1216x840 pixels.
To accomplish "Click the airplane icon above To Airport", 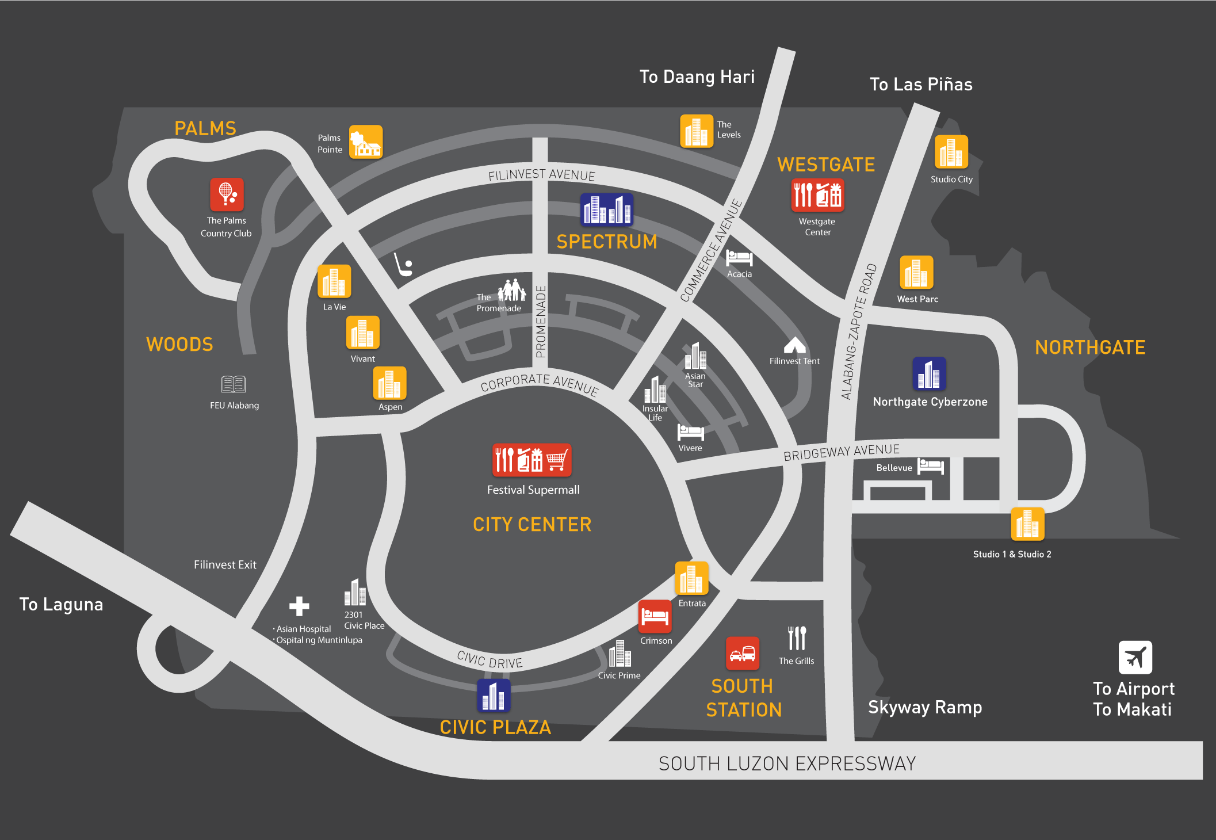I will (1135, 657).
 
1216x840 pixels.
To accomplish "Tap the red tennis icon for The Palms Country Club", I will (227, 194).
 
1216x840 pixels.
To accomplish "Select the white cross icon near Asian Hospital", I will (299, 606).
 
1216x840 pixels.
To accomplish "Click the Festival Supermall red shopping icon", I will (531, 460).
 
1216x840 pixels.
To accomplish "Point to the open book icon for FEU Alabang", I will (234, 384).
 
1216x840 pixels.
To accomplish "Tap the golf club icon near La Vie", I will (403, 265).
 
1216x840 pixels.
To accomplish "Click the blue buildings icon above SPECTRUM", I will (607, 209).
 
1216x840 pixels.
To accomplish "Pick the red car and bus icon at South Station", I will (742, 653).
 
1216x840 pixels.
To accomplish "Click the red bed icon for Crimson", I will (655, 616).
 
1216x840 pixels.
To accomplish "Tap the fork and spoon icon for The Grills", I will (797, 638).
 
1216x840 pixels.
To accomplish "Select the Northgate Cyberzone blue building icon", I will (929, 373).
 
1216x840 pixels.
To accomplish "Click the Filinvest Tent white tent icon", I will (794, 345).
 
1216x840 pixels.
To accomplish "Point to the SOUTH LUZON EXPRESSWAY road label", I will (787, 763).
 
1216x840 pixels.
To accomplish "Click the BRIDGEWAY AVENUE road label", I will (841, 452).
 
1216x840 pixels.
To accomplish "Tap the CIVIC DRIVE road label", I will (490, 660).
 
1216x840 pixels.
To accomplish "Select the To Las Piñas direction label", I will (920, 85).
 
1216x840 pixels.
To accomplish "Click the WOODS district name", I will (179, 344).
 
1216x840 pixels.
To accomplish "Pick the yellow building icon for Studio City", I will (951, 152).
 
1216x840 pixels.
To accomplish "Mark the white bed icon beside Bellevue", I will (930, 466).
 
